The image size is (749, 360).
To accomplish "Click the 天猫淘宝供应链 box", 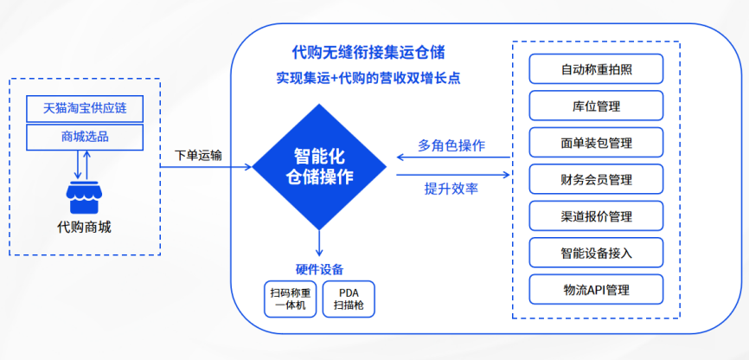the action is tap(85, 108).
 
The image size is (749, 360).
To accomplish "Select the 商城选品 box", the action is tap(85, 138).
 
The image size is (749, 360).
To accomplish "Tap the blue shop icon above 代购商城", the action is tap(84, 197).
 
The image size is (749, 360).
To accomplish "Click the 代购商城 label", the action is tap(84, 227).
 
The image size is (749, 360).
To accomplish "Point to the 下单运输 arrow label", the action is tap(198, 156).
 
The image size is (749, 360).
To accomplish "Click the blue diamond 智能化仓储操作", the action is tap(319, 167).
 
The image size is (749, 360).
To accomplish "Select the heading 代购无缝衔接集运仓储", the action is tap(368, 52).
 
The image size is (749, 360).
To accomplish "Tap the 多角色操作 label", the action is tap(451, 145).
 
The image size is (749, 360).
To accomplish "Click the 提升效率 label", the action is tap(451, 189).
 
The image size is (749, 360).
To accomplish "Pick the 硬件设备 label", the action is tap(319, 269).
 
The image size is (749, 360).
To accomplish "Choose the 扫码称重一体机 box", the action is tap(291, 299).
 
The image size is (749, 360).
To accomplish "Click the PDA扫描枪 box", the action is tap(349, 299).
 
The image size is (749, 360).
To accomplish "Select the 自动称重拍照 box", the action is tap(596, 69).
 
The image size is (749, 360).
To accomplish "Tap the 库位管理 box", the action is tap(596, 106).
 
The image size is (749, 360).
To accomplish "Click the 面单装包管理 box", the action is tap(596, 143).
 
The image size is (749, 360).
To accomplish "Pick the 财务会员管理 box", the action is tap(596, 179).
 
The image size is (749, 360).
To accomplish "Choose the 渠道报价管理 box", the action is tap(596, 216).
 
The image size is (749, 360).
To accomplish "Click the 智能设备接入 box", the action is tap(596, 253).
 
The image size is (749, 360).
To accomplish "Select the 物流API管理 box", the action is tap(596, 289).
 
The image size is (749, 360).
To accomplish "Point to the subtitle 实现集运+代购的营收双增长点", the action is tap(368, 78).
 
